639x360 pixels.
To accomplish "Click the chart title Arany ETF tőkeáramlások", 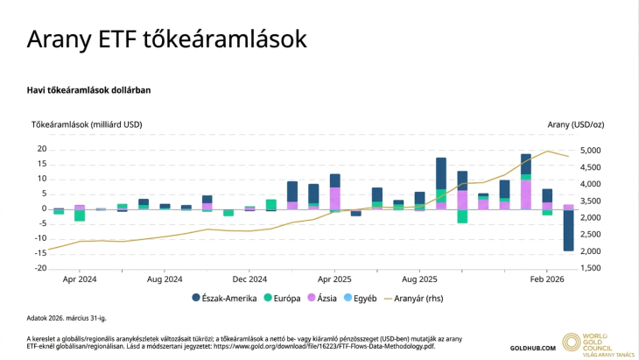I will [166, 39].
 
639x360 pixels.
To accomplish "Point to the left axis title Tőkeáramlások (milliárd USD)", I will [87, 125].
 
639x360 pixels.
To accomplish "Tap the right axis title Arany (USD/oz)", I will [576, 125].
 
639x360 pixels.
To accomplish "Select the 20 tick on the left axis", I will [41, 149].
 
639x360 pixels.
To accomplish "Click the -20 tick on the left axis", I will [39, 268].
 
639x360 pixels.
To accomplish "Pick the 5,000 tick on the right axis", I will [590, 151].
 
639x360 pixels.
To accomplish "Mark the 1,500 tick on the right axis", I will [590, 268].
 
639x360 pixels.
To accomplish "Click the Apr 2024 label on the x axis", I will [80, 279].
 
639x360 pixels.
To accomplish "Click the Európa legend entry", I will [284, 299].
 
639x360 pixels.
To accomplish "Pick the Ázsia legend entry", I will [326, 299].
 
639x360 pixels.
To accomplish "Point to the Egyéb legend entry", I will [360, 299].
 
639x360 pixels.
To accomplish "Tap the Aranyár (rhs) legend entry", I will [416, 299].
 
